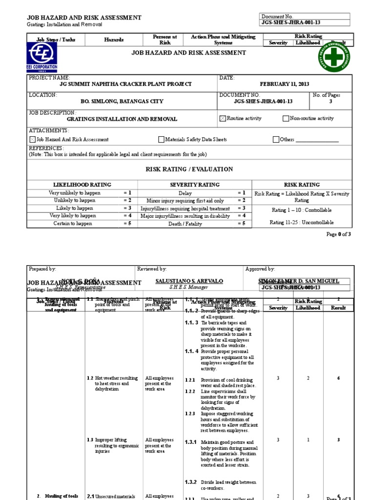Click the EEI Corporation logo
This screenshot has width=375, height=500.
coord(42,57)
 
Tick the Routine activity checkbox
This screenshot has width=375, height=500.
coord(223,119)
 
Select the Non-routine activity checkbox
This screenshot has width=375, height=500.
coord(286,119)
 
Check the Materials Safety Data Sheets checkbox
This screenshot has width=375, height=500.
coord(161,140)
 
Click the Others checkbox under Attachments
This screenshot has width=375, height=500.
coord(276,140)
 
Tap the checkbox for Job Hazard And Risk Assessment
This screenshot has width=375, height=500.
coord(33,140)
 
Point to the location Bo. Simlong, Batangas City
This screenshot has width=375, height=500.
coord(115,102)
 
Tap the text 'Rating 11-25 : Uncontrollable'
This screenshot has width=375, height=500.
coord(301,223)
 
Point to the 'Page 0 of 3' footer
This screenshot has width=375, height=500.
coord(338,234)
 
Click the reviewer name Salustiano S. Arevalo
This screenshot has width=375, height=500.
coord(182,282)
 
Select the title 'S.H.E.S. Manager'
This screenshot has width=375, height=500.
coord(182,289)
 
